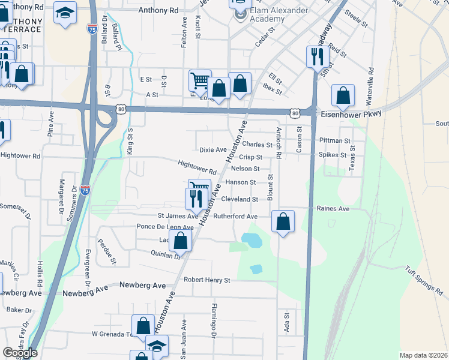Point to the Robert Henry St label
(x=207, y=280)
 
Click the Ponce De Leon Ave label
(x=165, y=227)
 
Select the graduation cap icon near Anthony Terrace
(x=64, y=13)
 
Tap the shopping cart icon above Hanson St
(x=199, y=187)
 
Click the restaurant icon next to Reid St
(x=318, y=56)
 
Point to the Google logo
(x=20, y=353)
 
